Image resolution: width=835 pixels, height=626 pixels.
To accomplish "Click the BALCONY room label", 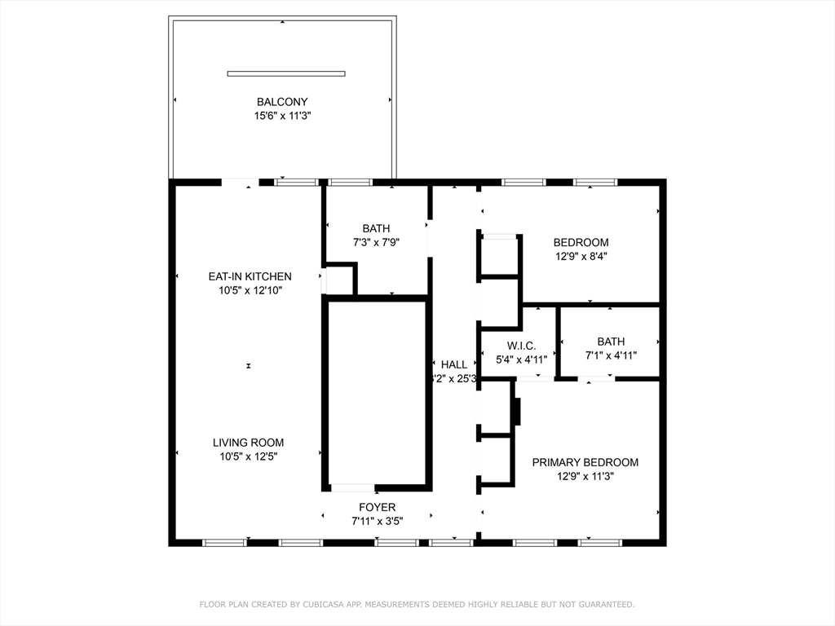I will point(282,102).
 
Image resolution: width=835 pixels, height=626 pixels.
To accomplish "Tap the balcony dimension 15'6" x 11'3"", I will point(282,117).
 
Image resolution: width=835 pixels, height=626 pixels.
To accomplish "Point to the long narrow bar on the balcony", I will point(285,73).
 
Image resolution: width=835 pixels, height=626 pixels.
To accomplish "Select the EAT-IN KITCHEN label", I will point(250,276).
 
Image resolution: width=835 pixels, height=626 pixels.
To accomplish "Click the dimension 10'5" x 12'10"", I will point(250,290).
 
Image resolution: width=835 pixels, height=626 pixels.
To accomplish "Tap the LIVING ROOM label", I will point(249,443).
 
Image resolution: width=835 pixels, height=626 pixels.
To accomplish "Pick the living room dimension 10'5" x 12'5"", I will point(249,456).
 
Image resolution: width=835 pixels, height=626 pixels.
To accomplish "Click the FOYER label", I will point(377,507).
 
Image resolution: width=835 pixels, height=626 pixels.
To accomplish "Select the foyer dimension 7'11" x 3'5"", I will point(377,521).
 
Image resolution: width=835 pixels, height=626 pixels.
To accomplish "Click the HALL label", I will point(454,364).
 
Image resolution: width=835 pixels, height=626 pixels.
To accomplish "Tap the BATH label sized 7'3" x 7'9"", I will point(377,228).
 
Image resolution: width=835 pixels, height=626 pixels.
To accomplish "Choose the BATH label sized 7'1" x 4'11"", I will point(611,342).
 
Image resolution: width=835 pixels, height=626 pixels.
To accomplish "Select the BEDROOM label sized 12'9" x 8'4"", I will point(581,242).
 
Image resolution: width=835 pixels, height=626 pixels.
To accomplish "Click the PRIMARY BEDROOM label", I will point(585,462).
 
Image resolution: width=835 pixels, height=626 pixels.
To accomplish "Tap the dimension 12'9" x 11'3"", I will point(585,476).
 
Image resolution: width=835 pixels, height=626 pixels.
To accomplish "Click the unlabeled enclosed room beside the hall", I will point(377,393).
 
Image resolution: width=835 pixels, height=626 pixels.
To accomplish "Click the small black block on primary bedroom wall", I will point(515,412).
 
